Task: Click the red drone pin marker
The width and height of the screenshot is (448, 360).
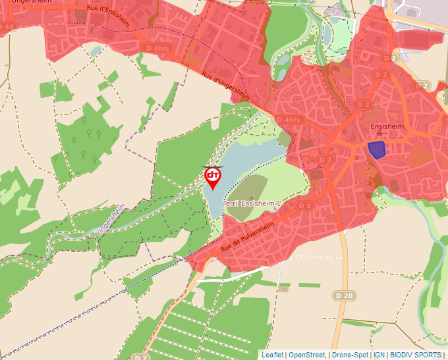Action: [x=213, y=177]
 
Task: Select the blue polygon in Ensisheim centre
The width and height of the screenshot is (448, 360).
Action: [x=376, y=150]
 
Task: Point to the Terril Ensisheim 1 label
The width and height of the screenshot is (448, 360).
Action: [x=253, y=204]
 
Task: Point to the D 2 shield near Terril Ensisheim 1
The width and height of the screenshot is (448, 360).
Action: [x=304, y=206]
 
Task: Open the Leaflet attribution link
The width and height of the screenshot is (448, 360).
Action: [x=273, y=355]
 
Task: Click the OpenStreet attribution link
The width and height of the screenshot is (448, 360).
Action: [x=307, y=355]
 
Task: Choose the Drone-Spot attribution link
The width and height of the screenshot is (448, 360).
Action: [x=350, y=355]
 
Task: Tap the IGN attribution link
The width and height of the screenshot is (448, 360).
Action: [x=379, y=355]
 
